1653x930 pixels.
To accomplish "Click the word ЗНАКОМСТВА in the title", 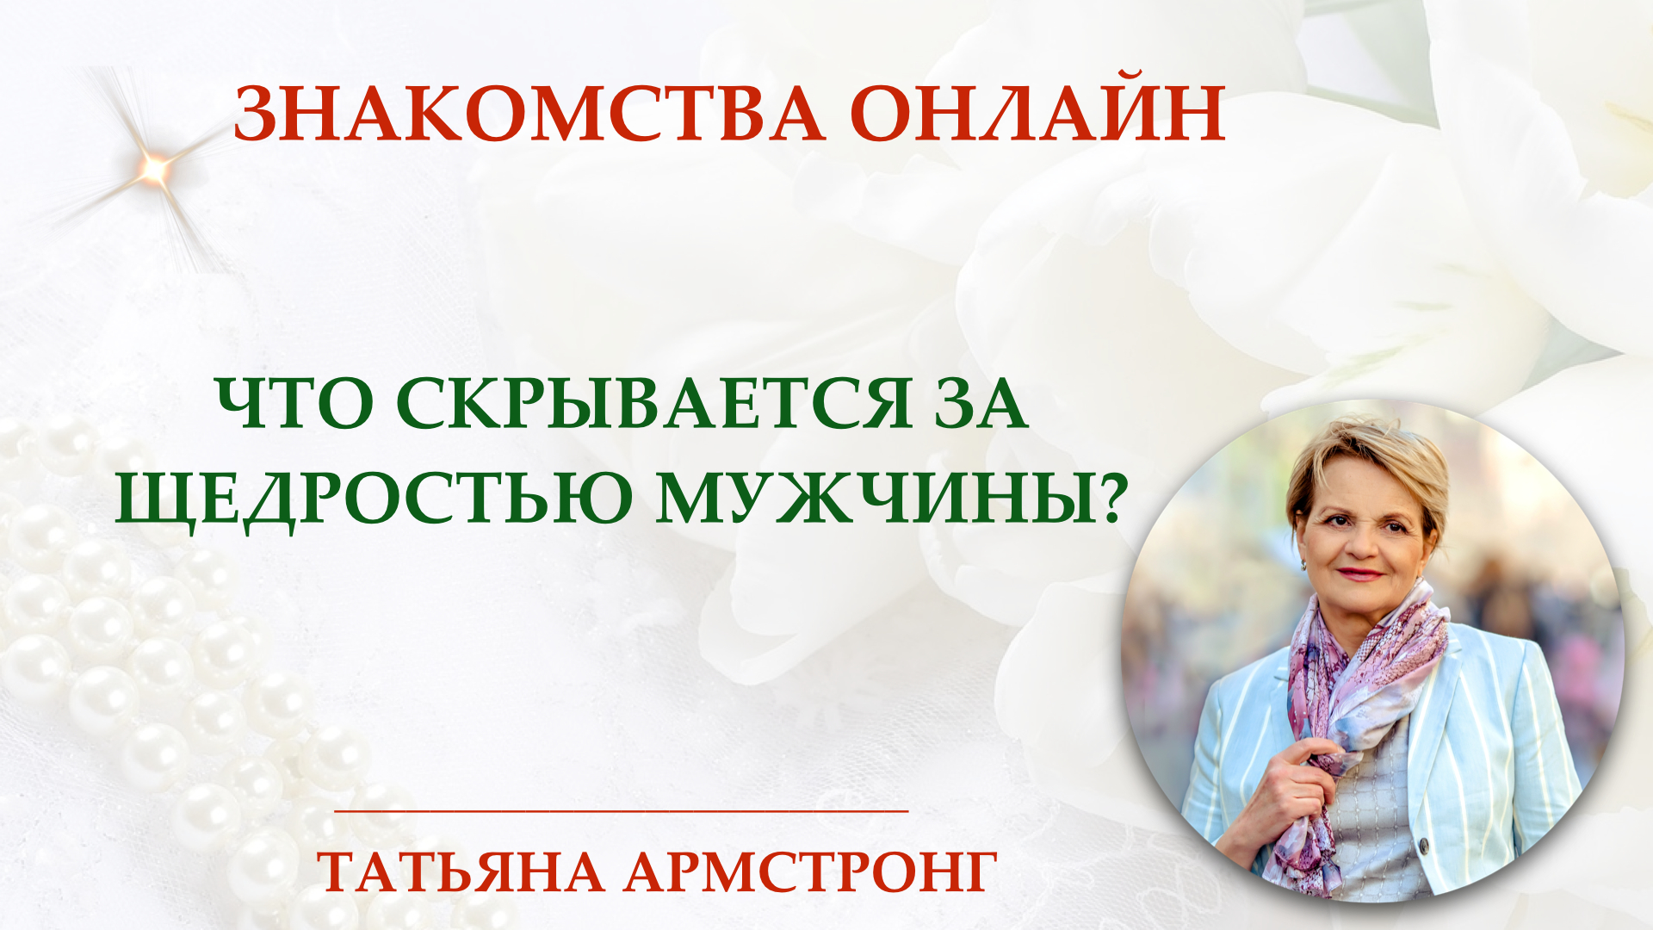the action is pos(529,115).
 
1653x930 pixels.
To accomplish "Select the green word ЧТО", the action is pos(294,404).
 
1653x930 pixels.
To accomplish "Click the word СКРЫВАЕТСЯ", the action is pos(653,403).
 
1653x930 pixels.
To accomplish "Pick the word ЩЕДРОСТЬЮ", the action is pos(375,499).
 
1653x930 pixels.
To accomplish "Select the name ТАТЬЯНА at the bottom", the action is pos(461,872).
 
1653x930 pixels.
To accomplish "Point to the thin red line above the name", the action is pos(621,810).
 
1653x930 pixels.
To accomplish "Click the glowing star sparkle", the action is pos(154,169).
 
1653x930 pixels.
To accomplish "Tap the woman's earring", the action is pos(1303,565).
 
